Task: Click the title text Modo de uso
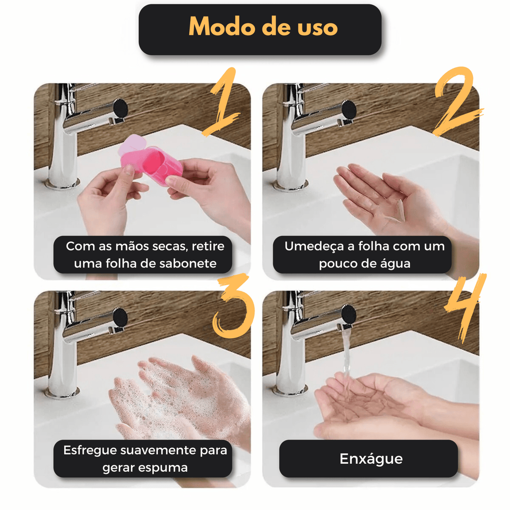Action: [263, 27]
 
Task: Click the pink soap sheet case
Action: [150, 160]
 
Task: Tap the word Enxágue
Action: [371, 459]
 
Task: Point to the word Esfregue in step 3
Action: [90, 450]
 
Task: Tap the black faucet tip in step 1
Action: [121, 108]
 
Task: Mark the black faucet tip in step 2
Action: [349, 109]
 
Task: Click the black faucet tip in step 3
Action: [121, 317]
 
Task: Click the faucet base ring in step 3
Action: [62, 392]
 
